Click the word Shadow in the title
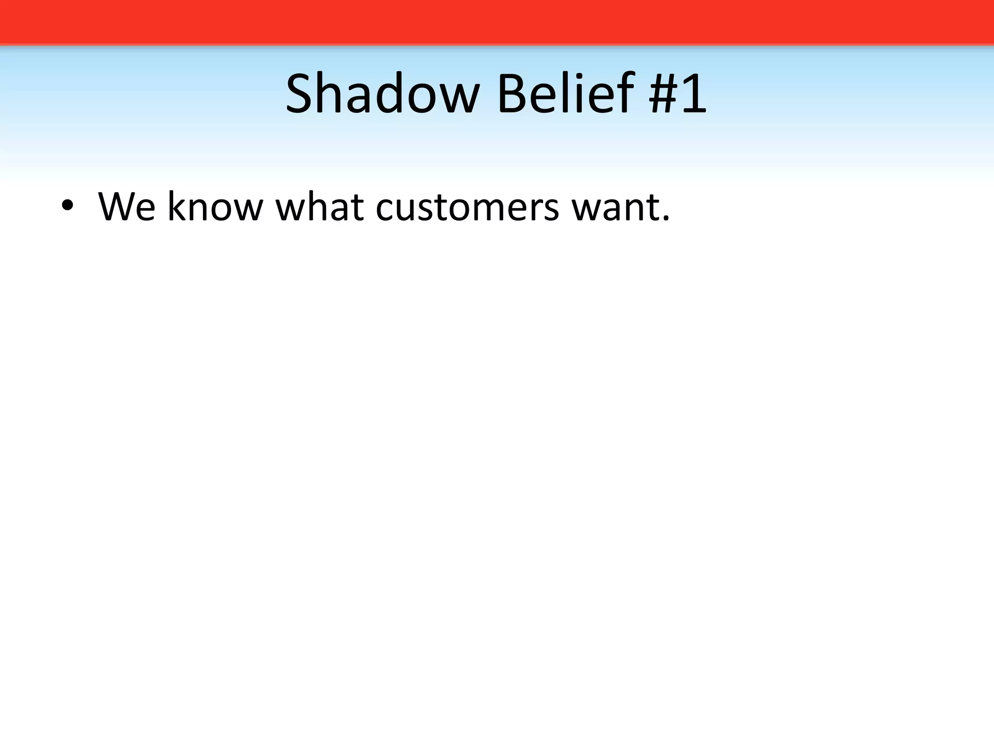point(382,94)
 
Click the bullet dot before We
point(67,207)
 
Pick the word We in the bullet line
point(127,207)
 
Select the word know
point(215,207)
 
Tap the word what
point(320,207)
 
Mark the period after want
point(665,219)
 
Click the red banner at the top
point(497,22)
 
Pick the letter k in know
point(177,207)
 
